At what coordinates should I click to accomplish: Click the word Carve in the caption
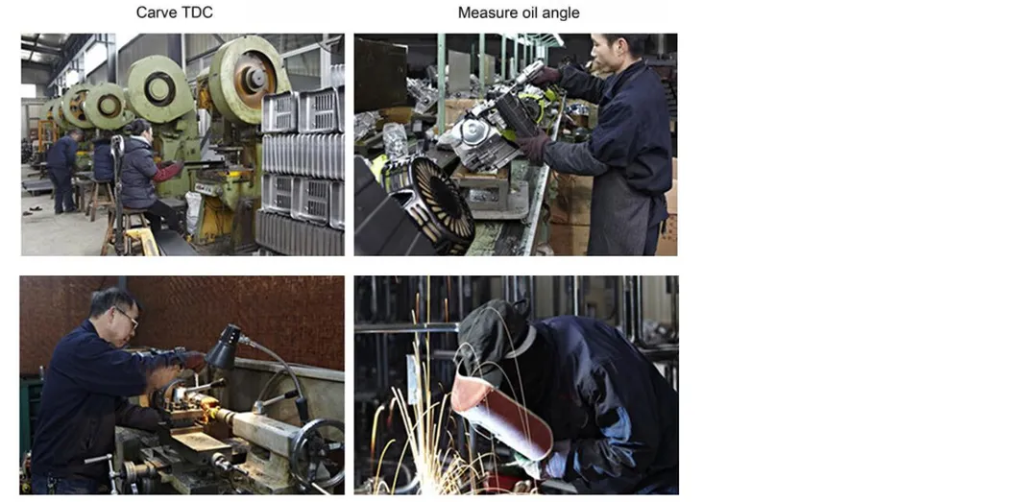point(155,12)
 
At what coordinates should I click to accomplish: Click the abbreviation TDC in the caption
point(196,12)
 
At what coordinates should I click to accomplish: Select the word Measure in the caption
point(483,12)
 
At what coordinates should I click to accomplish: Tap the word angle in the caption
point(560,12)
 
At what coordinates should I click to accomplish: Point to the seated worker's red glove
point(169,171)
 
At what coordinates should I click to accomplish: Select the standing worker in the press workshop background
point(64,171)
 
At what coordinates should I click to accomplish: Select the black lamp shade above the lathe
point(222,347)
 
